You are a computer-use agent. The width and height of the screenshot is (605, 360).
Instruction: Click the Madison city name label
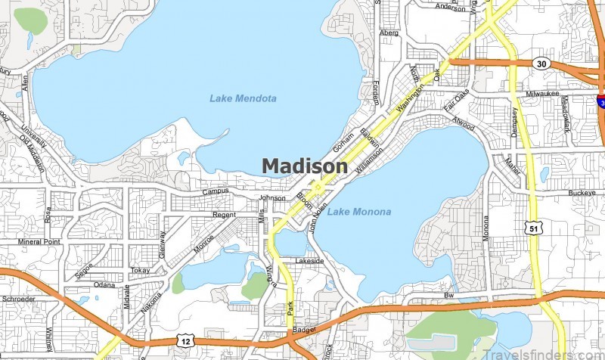tap(305, 166)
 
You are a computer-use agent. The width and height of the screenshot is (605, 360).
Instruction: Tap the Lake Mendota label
tap(243, 98)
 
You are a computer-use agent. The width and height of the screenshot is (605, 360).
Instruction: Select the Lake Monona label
tap(359, 212)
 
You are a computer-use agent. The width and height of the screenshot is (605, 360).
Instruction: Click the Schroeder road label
tap(18, 299)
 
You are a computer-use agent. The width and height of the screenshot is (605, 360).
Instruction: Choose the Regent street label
tap(224, 216)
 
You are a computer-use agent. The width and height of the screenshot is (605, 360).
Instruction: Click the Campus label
tap(215, 191)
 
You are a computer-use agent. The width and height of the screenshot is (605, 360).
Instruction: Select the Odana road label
tap(104, 285)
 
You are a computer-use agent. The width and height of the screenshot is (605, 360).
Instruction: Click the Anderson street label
tap(450, 8)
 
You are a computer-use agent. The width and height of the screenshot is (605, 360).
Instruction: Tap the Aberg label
tap(389, 33)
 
